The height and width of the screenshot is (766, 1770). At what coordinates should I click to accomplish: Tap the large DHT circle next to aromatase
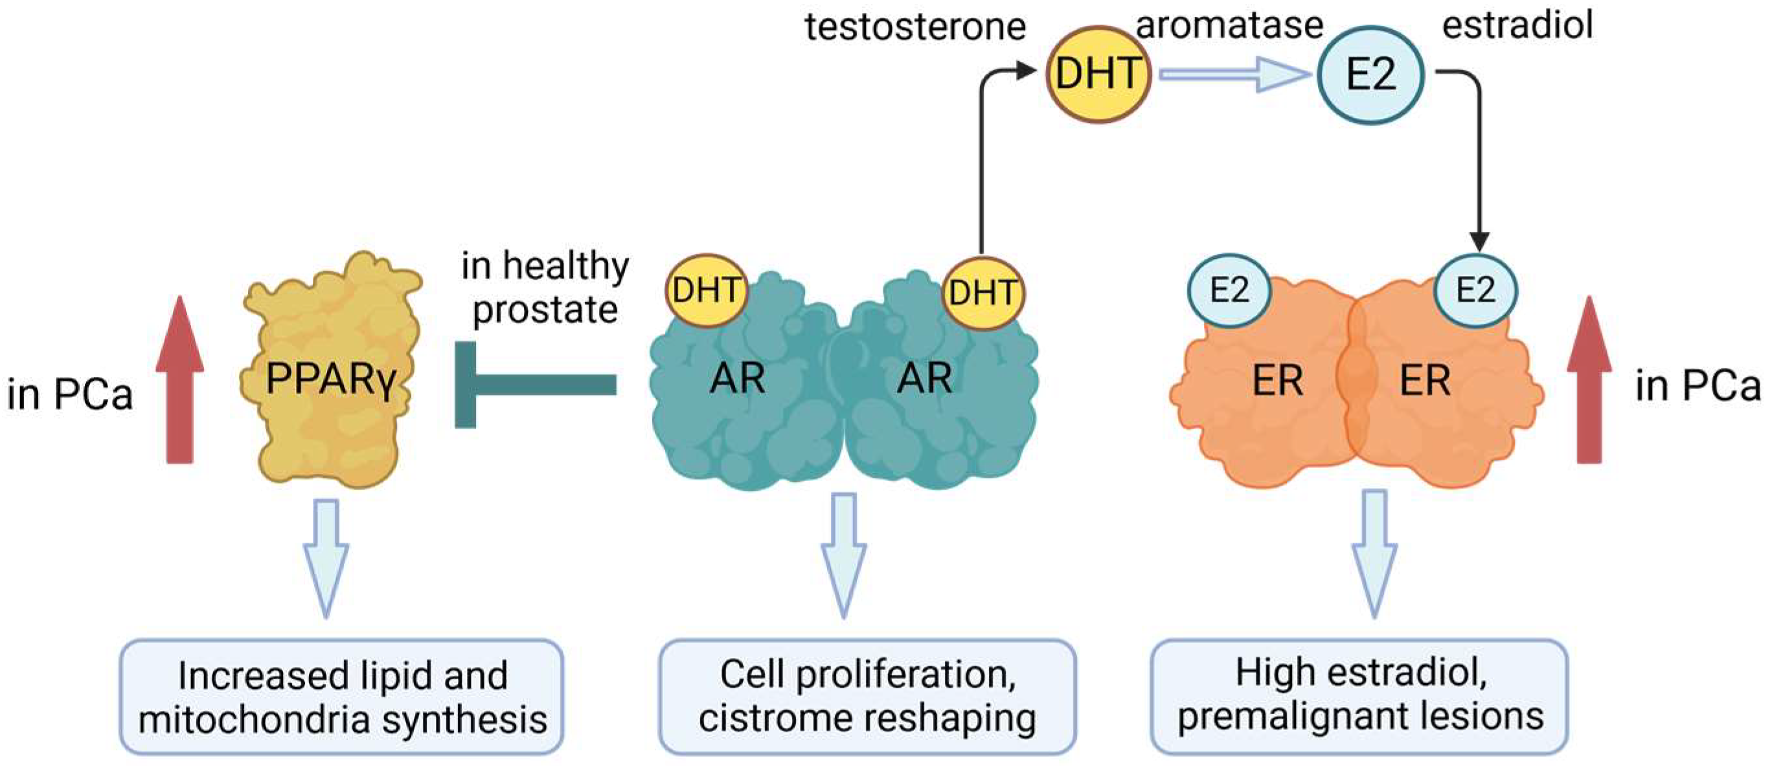coord(1098,74)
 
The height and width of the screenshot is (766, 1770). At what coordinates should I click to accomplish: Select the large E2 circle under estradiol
coord(1370,74)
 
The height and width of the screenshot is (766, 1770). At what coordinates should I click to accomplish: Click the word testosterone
coord(915,27)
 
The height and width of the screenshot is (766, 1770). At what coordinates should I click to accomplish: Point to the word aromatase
coord(1229,25)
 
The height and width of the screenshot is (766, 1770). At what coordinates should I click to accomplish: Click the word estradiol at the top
coord(1517,25)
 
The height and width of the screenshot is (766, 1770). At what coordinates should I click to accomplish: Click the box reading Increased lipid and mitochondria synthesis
coord(342,697)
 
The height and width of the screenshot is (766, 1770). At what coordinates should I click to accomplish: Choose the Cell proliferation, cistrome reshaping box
coord(867,697)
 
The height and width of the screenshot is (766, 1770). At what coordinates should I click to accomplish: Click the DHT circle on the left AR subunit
coord(706,291)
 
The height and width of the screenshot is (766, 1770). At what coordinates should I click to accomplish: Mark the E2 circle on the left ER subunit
coord(1229,290)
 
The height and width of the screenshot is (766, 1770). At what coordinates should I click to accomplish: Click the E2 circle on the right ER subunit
coord(1475,290)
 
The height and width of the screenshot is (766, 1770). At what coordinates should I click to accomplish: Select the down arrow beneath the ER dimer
coord(1374,553)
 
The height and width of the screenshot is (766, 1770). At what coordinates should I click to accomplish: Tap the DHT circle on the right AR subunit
coord(982,293)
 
